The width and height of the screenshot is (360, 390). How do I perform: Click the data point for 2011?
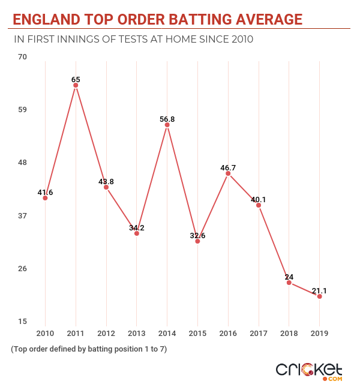[x=76, y=85]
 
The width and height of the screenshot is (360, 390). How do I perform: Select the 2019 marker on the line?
[x=319, y=296]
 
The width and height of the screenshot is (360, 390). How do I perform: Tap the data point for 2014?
[x=167, y=125]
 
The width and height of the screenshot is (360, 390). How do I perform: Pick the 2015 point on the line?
[x=197, y=241]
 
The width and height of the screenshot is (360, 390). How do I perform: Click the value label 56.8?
[x=167, y=119]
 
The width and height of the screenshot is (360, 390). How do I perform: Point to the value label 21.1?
[x=319, y=290]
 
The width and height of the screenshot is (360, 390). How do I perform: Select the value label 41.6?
[x=45, y=193]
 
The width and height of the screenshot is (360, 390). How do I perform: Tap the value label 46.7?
[x=228, y=168]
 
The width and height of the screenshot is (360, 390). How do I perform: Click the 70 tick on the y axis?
[x=23, y=57]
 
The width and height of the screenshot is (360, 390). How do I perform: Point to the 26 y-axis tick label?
[x=23, y=268]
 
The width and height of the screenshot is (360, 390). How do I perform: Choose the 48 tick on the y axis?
[x=23, y=163]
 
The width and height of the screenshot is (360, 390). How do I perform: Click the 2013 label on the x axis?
[x=137, y=332]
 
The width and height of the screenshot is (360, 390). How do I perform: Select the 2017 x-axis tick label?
[x=259, y=332]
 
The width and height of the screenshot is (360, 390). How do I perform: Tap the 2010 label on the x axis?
[x=45, y=332]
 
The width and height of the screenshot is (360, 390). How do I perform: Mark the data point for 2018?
[x=289, y=283]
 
